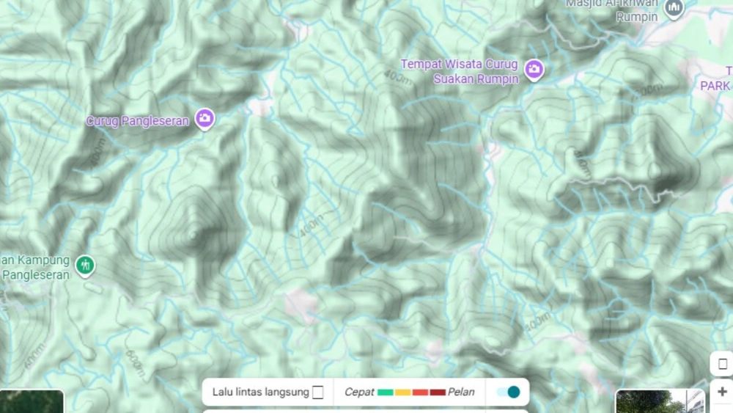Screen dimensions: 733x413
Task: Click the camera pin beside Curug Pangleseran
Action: (x=205, y=118)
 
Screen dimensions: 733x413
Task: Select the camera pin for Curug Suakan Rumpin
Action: (x=534, y=70)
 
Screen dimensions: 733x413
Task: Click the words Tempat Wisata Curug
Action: (x=460, y=65)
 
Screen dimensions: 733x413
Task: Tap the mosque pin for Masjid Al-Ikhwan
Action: (x=674, y=9)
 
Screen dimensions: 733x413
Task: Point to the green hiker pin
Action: (x=86, y=266)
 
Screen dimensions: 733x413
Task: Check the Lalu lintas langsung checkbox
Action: (x=317, y=392)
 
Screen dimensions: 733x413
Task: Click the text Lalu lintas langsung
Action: (x=260, y=392)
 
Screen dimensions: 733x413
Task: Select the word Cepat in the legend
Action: (x=359, y=392)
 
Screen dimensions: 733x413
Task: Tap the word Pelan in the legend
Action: (x=461, y=392)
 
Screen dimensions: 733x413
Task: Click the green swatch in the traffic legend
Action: (x=386, y=392)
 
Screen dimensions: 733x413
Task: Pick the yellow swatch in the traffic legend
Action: (x=402, y=392)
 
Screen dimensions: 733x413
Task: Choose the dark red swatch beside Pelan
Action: (x=437, y=392)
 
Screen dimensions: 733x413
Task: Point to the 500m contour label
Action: (x=537, y=321)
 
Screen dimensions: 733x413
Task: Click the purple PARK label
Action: (x=715, y=86)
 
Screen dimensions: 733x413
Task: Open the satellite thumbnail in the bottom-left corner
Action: (x=32, y=401)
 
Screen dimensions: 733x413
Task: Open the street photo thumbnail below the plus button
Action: (x=660, y=401)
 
